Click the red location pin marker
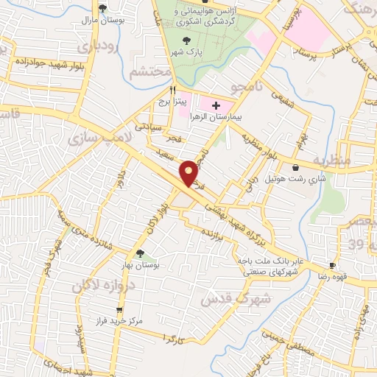pyautogui.click(x=189, y=172)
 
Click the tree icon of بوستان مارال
pyautogui.click(x=102, y=8)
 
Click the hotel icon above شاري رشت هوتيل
pyautogui.click(x=296, y=167)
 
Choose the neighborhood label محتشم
pyautogui.click(x=150, y=73)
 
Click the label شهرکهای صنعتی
pyautogui.click(x=269, y=272)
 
